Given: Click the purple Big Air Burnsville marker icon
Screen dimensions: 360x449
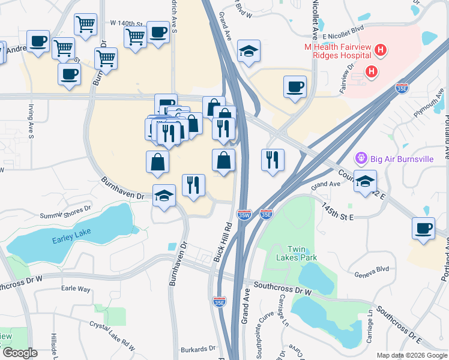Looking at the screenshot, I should [x=361, y=158].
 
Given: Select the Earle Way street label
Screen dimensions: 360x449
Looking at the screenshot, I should [x=76, y=289].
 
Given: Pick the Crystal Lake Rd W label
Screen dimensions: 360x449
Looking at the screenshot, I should [x=112, y=334].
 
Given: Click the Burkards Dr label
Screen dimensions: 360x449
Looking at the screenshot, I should [x=197, y=348].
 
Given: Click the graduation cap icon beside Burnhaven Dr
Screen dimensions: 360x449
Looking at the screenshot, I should [x=164, y=195].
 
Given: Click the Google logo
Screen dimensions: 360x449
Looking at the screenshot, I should [x=19, y=353].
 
